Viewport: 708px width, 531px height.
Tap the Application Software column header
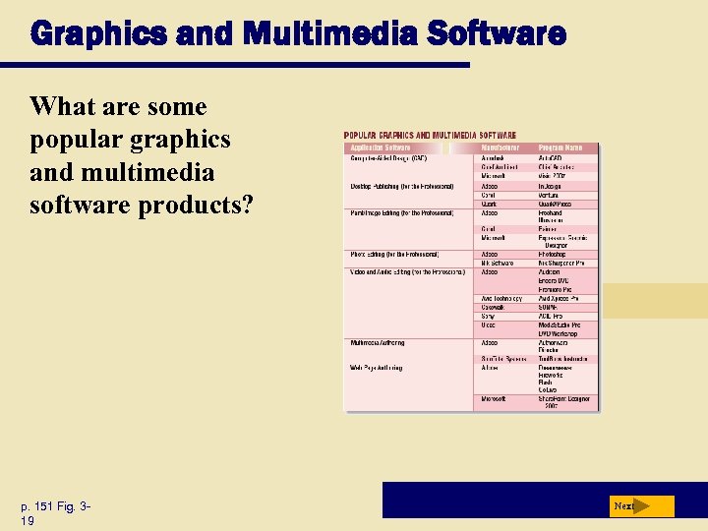pyautogui.click(x=382, y=147)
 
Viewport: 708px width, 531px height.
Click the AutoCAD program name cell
pyautogui.click(x=552, y=158)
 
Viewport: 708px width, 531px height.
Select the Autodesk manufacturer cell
pyautogui.click(x=493, y=158)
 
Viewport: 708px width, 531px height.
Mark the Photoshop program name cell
pyautogui.click(x=553, y=254)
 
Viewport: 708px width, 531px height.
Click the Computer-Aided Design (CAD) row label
pyautogui.click(x=389, y=158)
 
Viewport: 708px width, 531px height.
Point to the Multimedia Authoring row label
pyautogui.click(x=379, y=343)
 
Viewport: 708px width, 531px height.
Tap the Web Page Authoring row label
pyautogui.click(x=377, y=368)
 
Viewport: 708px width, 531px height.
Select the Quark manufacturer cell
pyautogui.click(x=489, y=205)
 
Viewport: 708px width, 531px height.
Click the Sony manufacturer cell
pyautogui.click(x=488, y=316)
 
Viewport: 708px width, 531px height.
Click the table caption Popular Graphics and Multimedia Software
pyautogui.click(x=431, y=135)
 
